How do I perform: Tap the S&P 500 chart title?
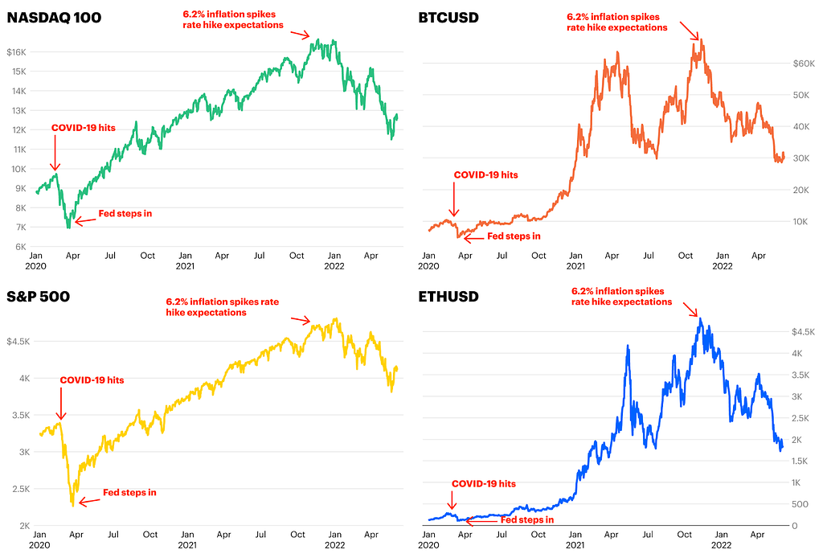(38, 297)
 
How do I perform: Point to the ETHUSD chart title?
(449, 297)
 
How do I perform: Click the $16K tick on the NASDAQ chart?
(18, 52)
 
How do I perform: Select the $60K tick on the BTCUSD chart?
(805, 63)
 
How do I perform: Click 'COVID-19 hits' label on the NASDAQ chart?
(83, 128)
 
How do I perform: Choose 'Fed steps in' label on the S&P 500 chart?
(129, 492)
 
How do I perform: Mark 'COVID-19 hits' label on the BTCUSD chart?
(485, 174)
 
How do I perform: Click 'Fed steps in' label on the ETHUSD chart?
(527, 520)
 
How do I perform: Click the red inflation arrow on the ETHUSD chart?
(690, 310)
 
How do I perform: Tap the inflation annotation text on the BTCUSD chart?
(616, 22)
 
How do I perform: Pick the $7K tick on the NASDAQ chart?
(19, 227)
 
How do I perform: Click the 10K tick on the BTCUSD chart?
(802, 221)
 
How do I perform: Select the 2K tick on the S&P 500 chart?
(20, 526)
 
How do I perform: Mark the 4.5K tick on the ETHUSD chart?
(804, 331)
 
